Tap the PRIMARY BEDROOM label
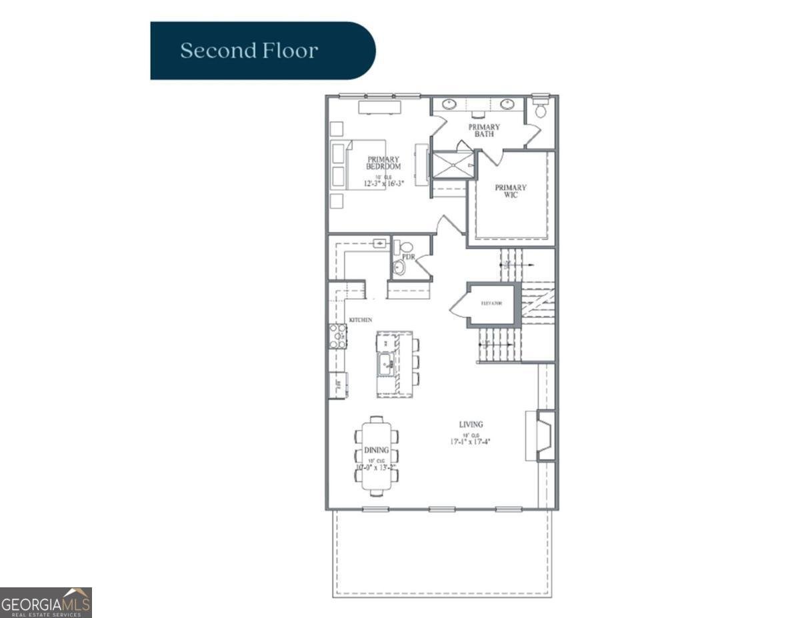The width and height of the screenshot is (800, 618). (x=383, y=163)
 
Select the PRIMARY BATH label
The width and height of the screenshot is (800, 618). (x=484, y=131)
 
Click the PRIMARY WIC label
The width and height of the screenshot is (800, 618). (x=511, y=191)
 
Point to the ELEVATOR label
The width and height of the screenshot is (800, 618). (x=491, y=305)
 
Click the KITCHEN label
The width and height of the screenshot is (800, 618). (x=361, y=320)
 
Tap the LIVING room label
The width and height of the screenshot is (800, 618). (x=471, y=424)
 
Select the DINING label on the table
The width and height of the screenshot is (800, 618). (x=376, y=451)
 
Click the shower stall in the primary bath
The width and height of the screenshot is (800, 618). (x=453, y=165)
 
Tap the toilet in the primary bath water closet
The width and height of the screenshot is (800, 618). (x=541, y=109)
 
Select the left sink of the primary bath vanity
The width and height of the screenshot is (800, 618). (x=450, y=104)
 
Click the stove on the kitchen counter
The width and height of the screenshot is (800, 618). (x=338, y=336)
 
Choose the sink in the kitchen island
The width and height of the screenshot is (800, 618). (x=386, y=364)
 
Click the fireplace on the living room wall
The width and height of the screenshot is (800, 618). (x=544, y=436)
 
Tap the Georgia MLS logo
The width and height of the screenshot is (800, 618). (x=46, y=603)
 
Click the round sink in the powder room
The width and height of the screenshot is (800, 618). (x=399, y=268)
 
